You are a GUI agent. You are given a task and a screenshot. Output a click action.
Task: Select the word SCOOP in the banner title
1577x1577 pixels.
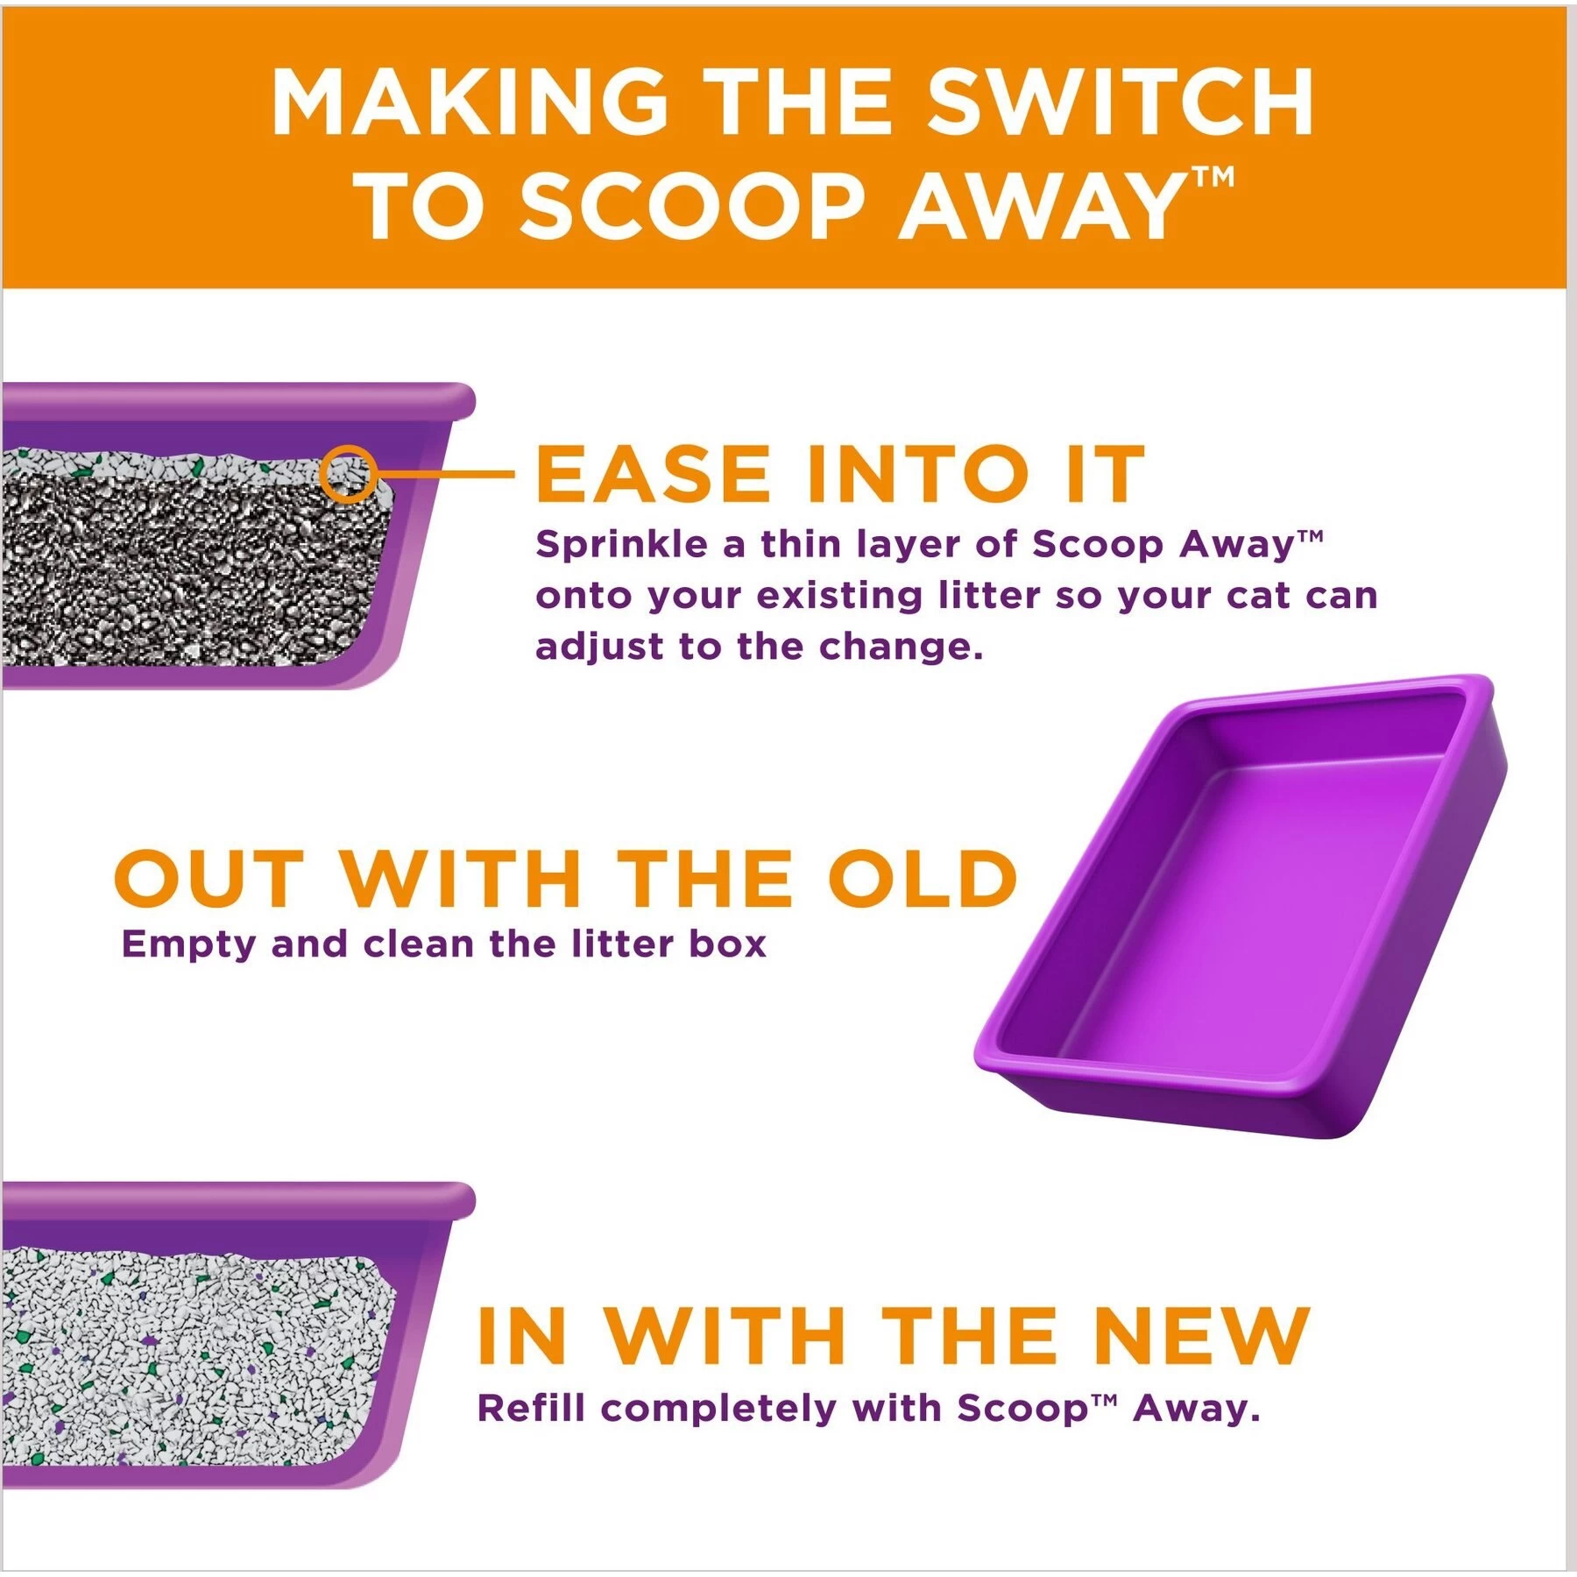coord(693,207)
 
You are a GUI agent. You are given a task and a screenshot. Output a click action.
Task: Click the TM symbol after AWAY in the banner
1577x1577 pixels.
coord(1213,179)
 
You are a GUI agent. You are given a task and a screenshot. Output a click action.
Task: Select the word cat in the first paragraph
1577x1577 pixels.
coord(1262,596)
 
